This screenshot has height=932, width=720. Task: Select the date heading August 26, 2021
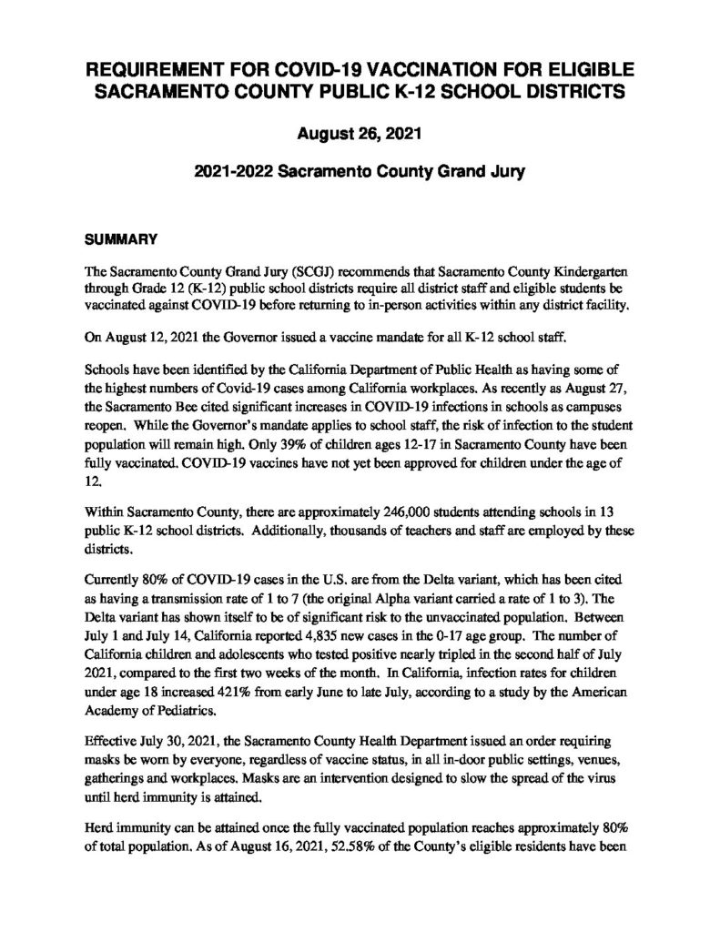(359, 135)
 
